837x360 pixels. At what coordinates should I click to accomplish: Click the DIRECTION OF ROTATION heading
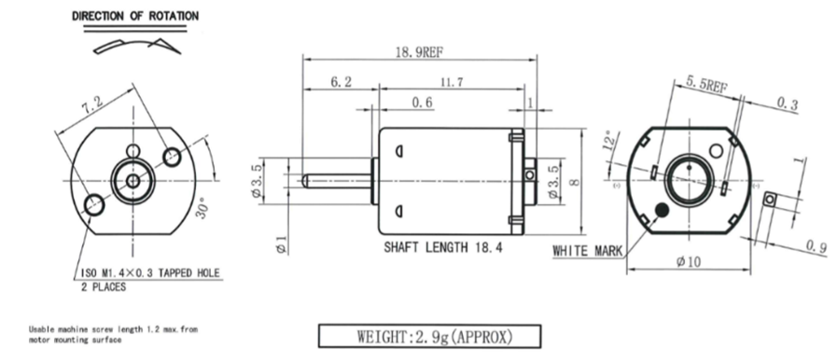click(x=135, y=16)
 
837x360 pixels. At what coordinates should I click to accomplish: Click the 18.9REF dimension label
click(x=420, y=51)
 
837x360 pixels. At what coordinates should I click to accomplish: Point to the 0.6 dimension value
click(x=423, y=102)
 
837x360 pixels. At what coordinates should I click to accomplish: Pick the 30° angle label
click(x=202, y=207)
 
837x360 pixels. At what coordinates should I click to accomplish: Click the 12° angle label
click(x=609, y=140)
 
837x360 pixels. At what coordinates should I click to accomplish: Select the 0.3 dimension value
click(x=787, y=104)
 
